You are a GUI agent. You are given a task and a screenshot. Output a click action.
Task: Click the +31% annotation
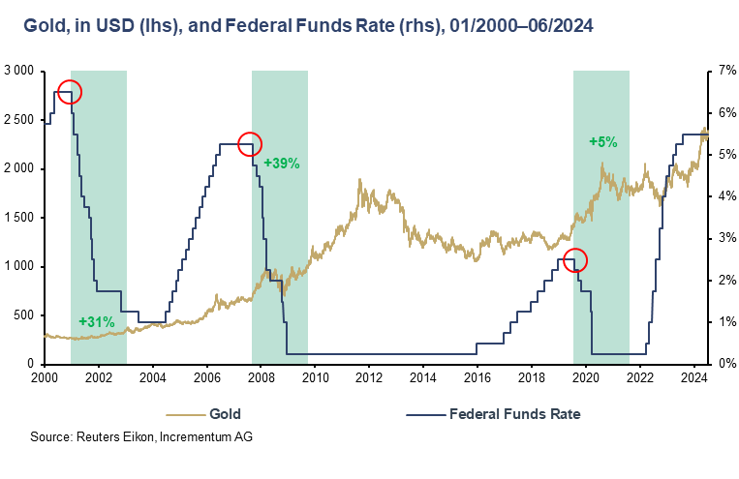tap(97, 321)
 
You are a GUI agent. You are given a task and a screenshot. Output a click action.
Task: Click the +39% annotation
tap(282, 164)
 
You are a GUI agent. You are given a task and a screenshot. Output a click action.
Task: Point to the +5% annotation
tap(603, 141)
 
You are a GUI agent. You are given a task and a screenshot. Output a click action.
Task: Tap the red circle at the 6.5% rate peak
tap(70, 92)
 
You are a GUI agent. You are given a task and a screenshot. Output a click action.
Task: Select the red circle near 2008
tap(250, 143)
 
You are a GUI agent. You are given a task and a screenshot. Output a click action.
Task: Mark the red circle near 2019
tap(575, 260)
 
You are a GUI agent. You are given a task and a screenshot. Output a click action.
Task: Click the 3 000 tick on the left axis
tap(18, 72)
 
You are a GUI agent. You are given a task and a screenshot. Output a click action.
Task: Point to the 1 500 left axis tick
tap(18, 218)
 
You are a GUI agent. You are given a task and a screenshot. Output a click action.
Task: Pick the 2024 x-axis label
tap(693, 377)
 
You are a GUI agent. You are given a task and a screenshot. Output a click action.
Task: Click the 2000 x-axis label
tap(46, 377)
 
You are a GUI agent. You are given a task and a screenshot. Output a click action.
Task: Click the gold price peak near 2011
tap(360, 180)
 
